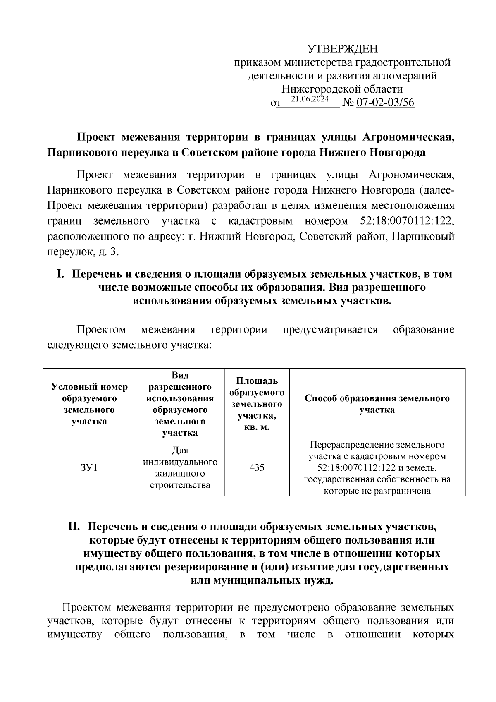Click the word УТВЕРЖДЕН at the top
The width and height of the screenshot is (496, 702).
coord(342,49)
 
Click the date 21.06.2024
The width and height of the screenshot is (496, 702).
coord(310,99)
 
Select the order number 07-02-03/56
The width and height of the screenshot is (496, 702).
coord(385,103)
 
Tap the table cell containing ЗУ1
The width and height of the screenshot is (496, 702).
coord(89,467)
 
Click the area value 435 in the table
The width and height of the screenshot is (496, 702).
coord(257,467)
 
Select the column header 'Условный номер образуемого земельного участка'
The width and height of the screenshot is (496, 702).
coord(89,404)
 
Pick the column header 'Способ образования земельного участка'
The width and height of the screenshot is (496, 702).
coord(377,404)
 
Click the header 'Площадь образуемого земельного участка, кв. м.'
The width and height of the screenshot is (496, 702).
coord(257,404)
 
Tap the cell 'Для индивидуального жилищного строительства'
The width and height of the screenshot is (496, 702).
coord(180,467)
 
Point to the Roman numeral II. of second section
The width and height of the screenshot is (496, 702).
coord(73,527)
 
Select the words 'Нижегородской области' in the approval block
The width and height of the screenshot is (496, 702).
coord(342,89)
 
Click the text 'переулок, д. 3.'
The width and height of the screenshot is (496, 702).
coord(83,252)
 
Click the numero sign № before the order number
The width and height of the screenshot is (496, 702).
coord(348,103)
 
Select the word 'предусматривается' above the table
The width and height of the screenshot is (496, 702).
coord(330,330)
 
